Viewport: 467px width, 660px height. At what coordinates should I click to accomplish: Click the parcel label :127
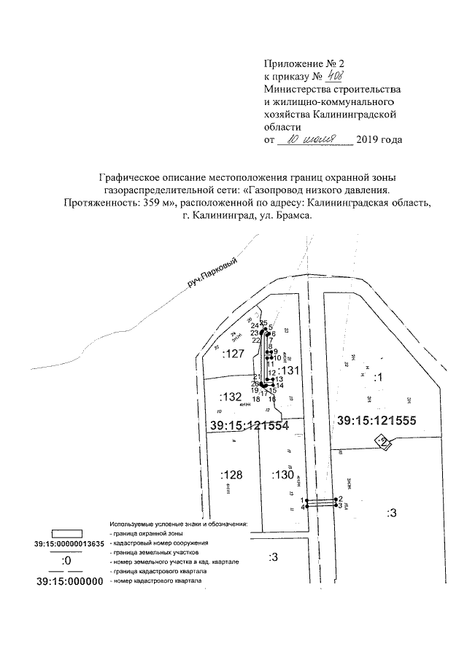coord(233,354)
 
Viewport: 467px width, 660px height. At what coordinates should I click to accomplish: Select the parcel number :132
coord(230,397)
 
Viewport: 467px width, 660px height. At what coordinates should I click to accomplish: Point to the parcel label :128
coord(230,474)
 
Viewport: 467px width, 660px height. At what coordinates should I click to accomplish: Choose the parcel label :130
coord(281,475)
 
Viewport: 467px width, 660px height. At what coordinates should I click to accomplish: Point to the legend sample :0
coord(66,562)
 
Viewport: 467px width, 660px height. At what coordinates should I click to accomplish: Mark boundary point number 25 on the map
coord(263,322)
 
